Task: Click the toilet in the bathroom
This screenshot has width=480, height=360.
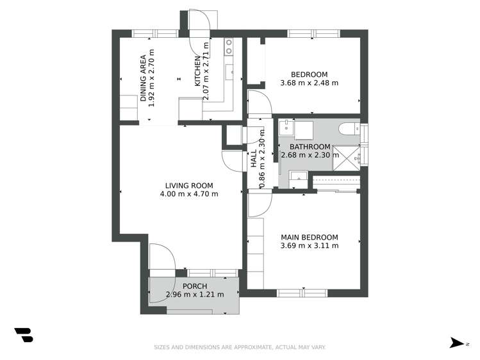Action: click(350, 128)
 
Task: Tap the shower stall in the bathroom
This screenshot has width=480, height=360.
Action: click(348, 157)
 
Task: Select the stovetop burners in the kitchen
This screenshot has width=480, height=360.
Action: click(228, 46)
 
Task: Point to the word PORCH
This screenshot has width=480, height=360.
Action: click(195, 286)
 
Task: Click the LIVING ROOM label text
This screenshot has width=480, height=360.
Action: click(189, 186)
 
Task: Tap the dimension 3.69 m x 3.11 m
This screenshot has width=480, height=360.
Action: click(310, 245)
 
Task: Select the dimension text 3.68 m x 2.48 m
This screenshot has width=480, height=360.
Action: click(310, 83)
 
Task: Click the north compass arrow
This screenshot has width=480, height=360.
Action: click(456, 343)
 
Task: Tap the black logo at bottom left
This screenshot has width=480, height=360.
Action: click(24, 335)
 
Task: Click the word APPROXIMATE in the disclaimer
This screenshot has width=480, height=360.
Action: click(245, 347)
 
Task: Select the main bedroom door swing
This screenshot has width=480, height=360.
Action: click(258, 204)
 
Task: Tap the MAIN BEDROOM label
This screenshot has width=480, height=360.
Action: click(310, 237)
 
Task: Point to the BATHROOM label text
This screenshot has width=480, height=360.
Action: click(310, 146)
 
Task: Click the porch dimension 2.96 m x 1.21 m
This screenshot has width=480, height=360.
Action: click(195, 295)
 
